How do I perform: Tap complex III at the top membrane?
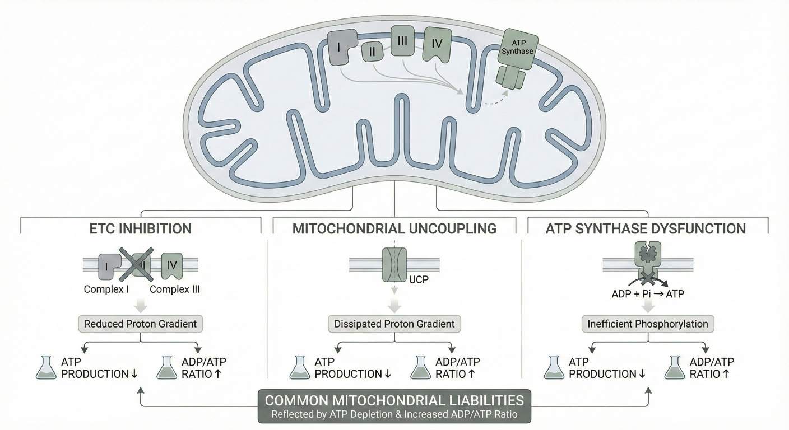[x=402, y=41]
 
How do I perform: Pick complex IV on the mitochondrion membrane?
[x=438, y=44]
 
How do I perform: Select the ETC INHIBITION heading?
[x=141, y=228]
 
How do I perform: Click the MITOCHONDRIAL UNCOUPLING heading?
[x=395, y=228]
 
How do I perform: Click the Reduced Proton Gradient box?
[x=141, y=324]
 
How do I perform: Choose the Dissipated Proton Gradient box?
[x=395, y=324]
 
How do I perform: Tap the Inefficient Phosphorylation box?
[x=648, y=324]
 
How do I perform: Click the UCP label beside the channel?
[x=419, y=279]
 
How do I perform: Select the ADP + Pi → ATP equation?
[x=648, y=293]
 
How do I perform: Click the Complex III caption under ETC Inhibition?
[x=175, y=289]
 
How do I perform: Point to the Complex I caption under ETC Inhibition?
[x=107, y=289]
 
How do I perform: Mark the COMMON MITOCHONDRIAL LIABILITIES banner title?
[x=395, y=400]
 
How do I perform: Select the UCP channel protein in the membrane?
[x=395, y=265]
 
